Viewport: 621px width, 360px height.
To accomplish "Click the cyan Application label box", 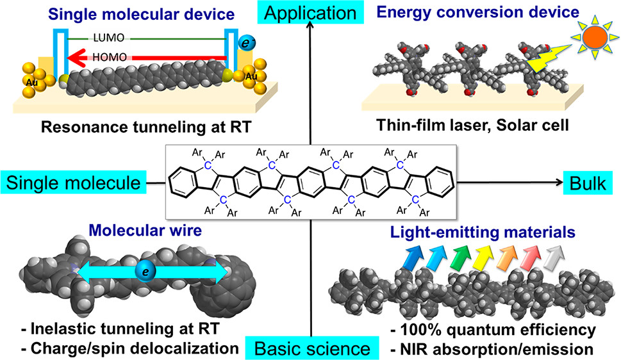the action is pos(310,12).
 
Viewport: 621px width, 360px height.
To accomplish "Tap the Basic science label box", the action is pos(312,348).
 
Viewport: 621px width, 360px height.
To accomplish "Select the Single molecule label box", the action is pos(73,183).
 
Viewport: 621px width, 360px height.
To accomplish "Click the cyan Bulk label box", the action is pos(588,183).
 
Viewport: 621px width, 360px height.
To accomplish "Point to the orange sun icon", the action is pos(595,37).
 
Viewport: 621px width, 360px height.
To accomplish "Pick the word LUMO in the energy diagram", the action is pos(109,38).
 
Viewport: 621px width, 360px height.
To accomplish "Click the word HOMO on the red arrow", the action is pos(110,58).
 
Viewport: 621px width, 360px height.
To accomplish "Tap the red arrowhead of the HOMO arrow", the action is pos(77,58).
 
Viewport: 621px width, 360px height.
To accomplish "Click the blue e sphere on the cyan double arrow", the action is pos(145,272).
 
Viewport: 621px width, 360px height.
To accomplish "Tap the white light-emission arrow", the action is pos(555,257).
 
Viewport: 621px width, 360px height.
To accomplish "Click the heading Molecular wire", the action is pos(145,230).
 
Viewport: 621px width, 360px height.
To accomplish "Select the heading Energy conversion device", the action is pos(478,12).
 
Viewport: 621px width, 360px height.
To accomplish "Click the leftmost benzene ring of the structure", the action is pos(183,182).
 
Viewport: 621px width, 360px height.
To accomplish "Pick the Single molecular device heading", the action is pos(142,14).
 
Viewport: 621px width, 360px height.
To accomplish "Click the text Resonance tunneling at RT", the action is pos(147,127).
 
